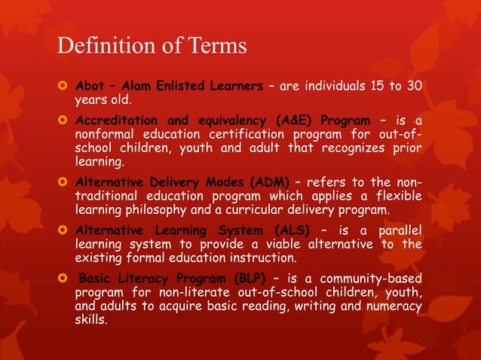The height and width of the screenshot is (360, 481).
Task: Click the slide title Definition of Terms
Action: tap(152, 45)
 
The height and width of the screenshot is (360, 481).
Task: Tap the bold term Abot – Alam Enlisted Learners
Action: tap(167, 85)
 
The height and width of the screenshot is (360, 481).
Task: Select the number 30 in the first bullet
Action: tap(413, 85)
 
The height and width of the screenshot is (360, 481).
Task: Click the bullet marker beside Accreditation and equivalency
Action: tap(63, 121)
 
